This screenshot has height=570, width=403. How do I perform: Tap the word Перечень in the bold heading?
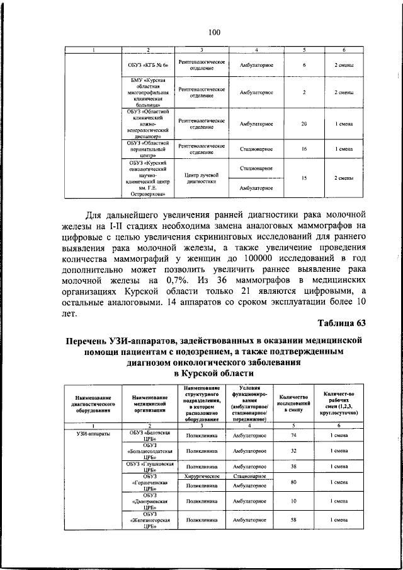(x=93, y=341)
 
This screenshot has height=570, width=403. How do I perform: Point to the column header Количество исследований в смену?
(x=294, y=404)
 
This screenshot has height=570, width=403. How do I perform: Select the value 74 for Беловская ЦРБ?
(x=294, y=435)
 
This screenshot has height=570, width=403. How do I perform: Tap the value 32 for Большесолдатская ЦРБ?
(x=294, y=451)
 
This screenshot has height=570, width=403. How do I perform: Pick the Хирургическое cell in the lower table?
(x=201, y=477)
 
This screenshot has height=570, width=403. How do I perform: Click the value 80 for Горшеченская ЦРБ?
(x=294, y=482)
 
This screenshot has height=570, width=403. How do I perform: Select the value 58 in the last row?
(x=294, y=520)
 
